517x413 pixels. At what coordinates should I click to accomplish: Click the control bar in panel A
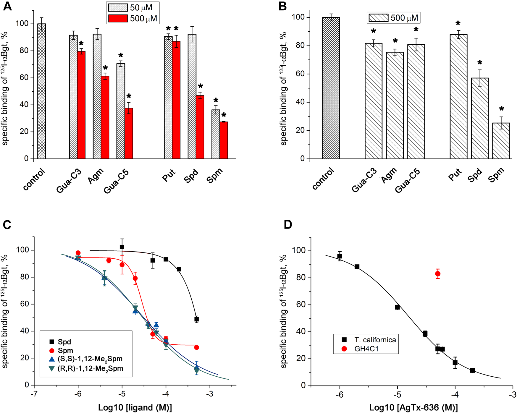coord(41,92)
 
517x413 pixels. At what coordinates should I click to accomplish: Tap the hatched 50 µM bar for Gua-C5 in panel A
coord(121,111)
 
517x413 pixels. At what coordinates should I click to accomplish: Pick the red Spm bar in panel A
coord(224,140)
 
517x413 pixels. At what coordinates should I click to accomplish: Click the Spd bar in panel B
coord(480,118)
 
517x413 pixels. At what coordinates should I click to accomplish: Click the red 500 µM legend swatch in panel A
coord(118,18)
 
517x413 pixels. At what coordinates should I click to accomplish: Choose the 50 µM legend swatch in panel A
coord(118,7)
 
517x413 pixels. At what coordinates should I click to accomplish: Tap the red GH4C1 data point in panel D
coord(438,274)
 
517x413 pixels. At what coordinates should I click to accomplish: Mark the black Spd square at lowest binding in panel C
coord(196,319)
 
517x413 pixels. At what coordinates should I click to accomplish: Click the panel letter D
coord(288,225)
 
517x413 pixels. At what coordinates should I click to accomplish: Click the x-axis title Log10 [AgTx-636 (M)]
coord(413,408)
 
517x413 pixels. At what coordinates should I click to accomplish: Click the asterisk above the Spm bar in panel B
coord(501,109)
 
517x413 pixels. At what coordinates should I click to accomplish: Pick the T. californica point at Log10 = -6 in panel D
coord(340,256)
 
